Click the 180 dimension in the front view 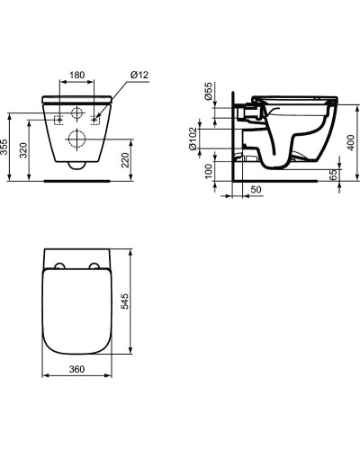click(76, 76)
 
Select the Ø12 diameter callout click(124, 76)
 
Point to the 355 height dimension click(8, 147)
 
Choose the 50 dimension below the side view click(255, 191)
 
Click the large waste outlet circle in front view click(76, 139)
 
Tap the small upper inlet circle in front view click(76, 115)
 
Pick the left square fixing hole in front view click(58, 118)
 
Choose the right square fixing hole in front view click(95, 118)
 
